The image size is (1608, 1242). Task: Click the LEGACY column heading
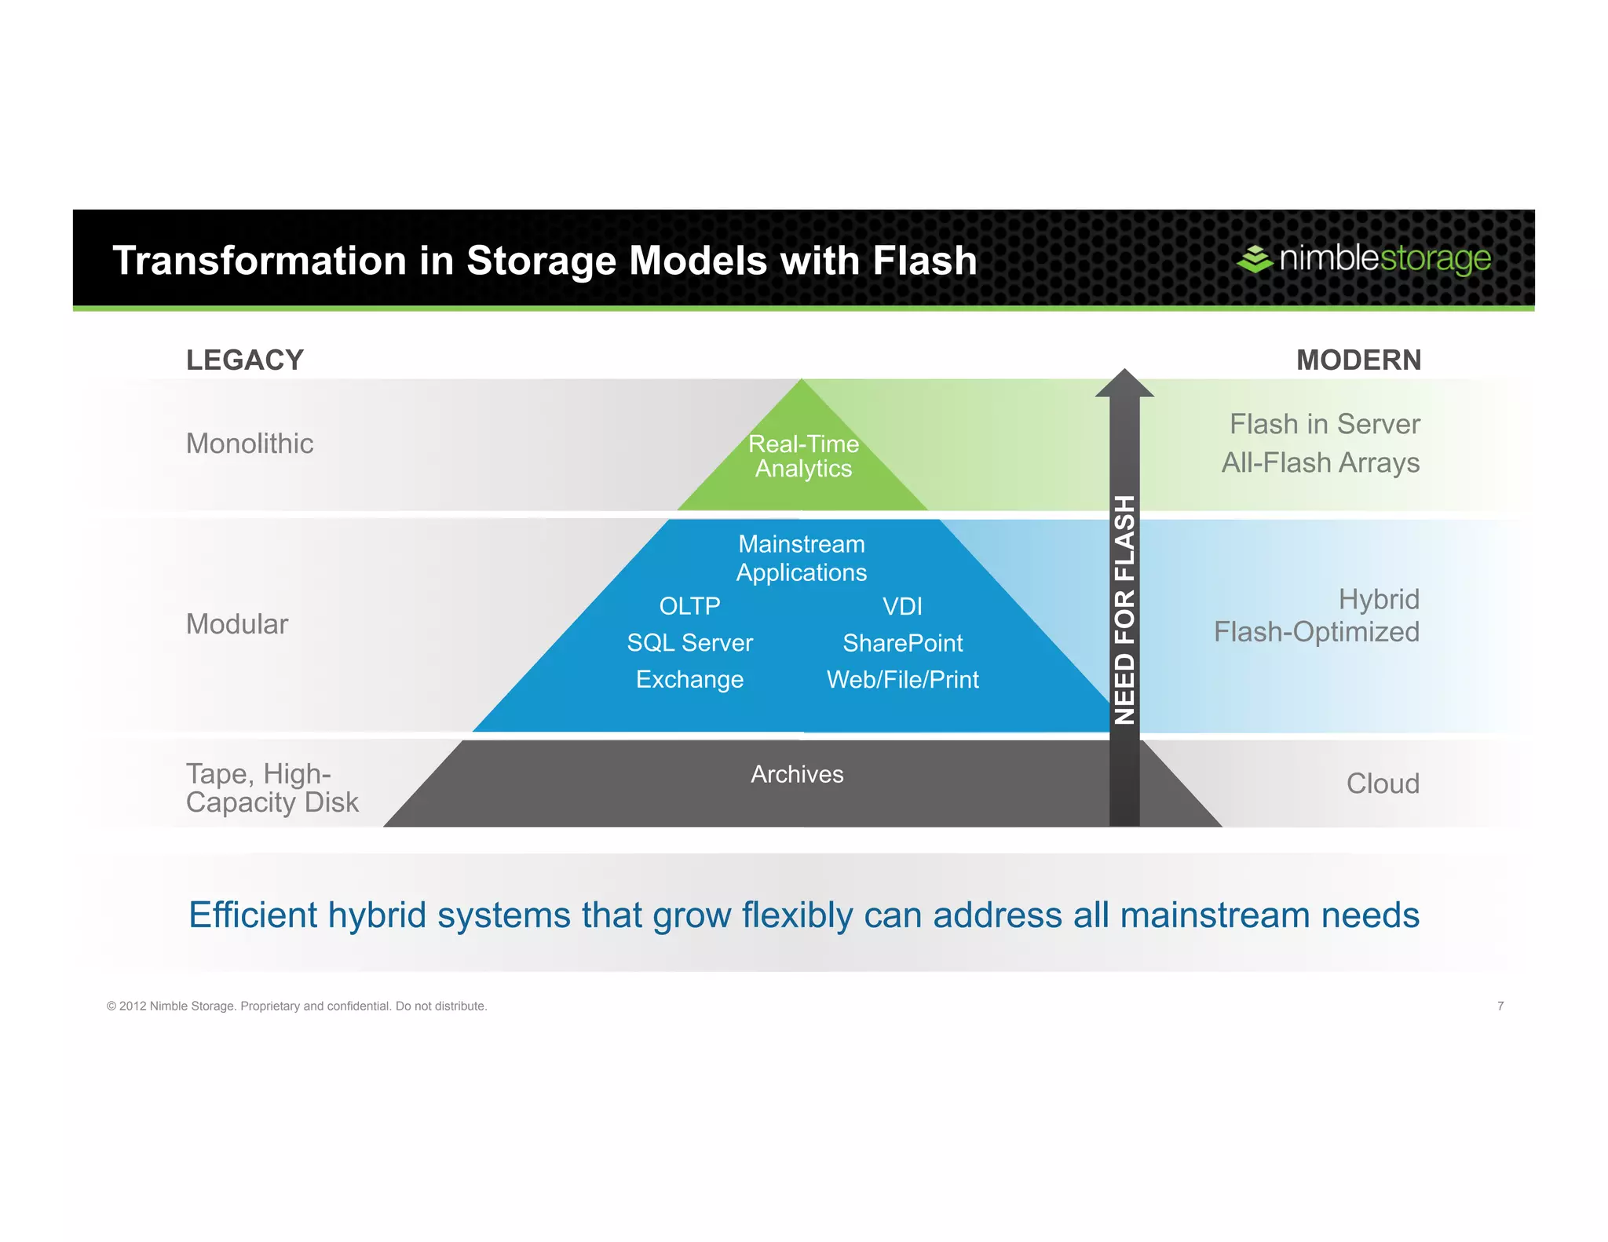[x=244, y=360]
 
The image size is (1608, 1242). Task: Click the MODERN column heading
[x=1358, y=360]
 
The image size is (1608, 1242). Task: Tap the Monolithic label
[x=250, y=444]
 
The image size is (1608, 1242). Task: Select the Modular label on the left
[x=237, y=624]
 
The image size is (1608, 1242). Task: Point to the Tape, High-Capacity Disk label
[x=272, y=788]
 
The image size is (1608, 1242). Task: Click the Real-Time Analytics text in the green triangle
[x=803, y=456]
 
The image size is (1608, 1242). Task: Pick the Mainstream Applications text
[x=802, y=558]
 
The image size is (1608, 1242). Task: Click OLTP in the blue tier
[x=689, y=606]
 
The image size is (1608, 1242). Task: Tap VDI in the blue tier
[x=902, y=606]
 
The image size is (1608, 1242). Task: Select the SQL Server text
[x=689, y=643]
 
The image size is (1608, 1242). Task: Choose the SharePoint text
[x=902, y=643]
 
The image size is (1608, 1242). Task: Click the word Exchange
[x=689, y=679]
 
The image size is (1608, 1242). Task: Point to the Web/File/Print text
[x=902, y=679]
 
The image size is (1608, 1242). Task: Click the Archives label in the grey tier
[x=797, y=774]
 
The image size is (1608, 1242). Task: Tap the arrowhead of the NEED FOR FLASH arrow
[x=1124, y=384]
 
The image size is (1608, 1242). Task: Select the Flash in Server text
[x=1325, y=424]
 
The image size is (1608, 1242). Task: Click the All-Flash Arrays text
[x=1321, y=462]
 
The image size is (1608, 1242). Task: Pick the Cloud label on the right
[x=1383, y=784]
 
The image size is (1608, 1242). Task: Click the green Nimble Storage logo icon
[x=1255, y=258]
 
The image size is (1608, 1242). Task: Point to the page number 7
[x=1500, y=1006]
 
